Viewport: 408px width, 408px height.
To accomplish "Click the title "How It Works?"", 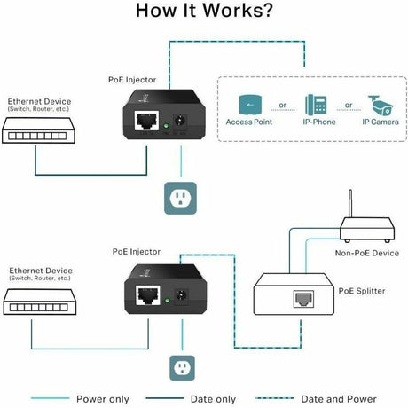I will (x=204, y=12).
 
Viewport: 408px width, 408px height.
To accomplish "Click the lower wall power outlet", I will (x=181, y=366).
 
